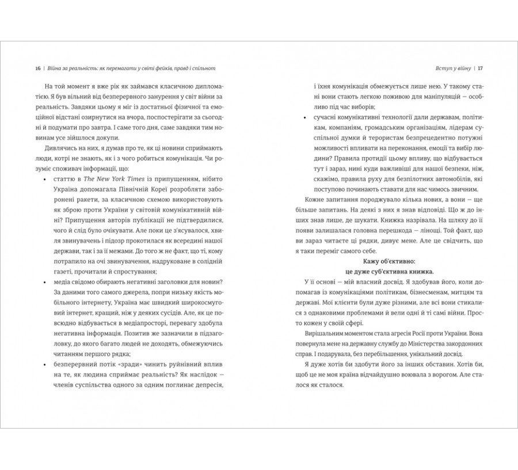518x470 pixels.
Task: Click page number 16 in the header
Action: [37, 67]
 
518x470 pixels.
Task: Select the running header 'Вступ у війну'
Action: [447, 67]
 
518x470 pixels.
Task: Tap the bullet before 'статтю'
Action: [45, 181]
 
